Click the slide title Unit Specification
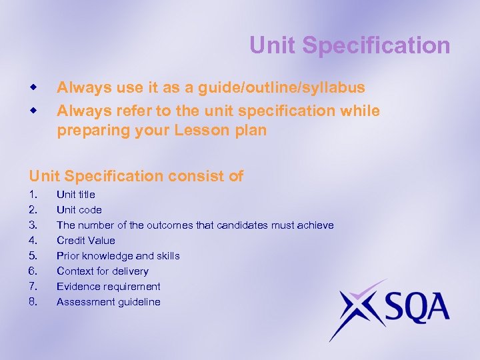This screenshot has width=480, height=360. click(349, 45)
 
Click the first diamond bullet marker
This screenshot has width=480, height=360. click(32, 87)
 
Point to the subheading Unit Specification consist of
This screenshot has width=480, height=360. click(136, 177)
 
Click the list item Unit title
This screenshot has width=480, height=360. click(76, 195)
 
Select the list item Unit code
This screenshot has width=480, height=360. click(79, 210)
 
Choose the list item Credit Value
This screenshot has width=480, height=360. click(86, 241)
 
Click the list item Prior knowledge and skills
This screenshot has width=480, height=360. click(118, 256)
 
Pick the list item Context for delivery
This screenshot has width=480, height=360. click(103, 271)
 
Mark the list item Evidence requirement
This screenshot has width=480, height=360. click(109, 287)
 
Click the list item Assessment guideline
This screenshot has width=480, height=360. click(109, 302)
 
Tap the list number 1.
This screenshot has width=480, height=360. click(33, 195)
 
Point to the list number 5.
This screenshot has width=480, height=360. click(33, 256)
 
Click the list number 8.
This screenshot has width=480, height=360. click(33, 302)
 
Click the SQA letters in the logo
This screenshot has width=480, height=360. click(413, 309)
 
